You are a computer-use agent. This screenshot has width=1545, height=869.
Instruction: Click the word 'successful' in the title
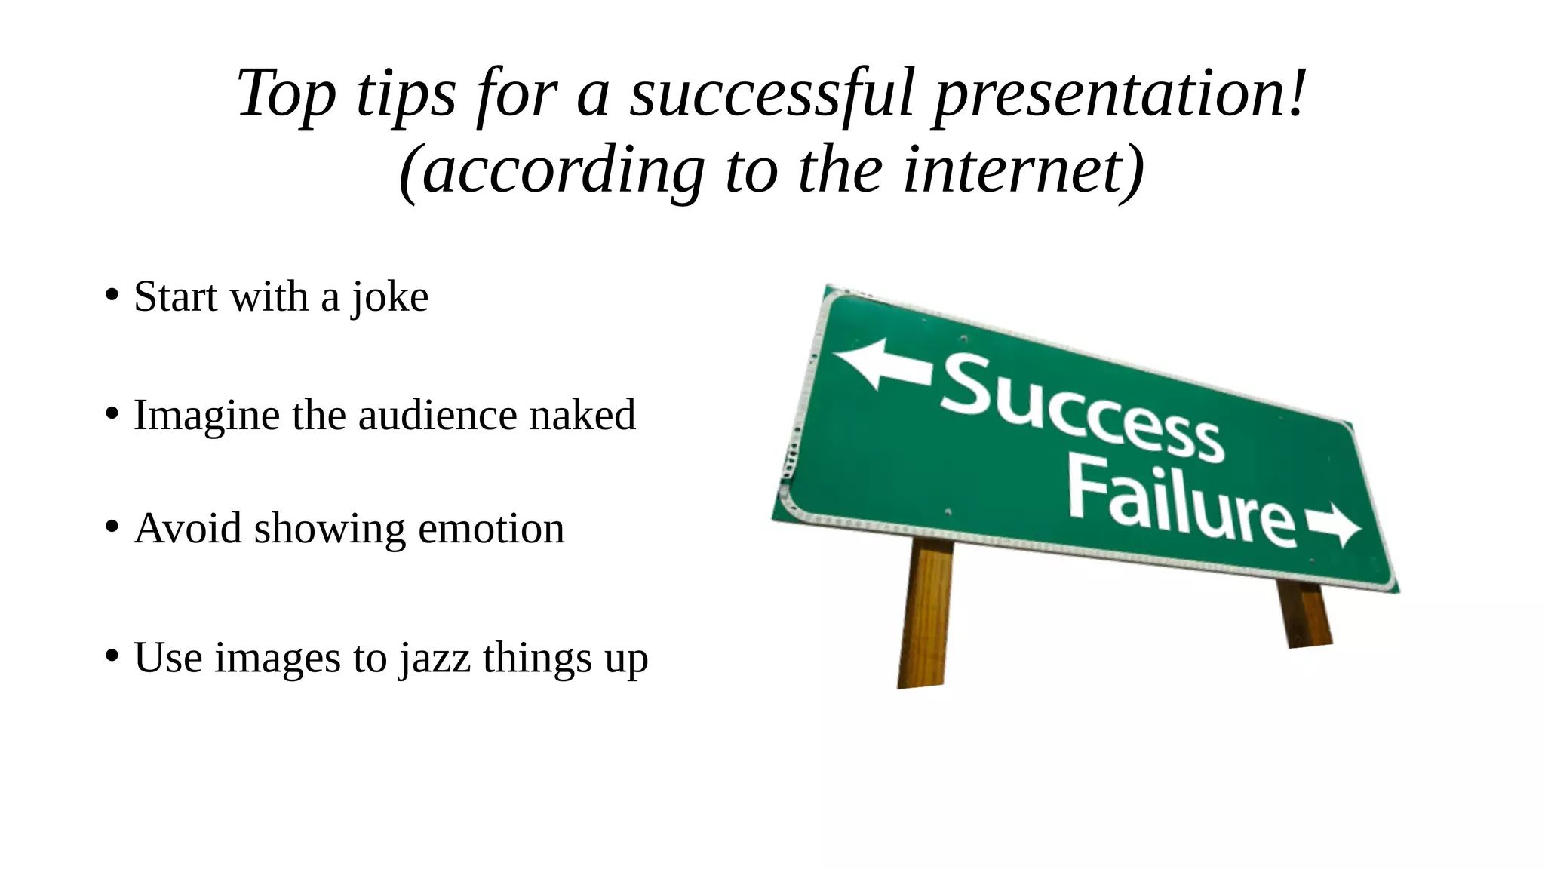tap(772, 94)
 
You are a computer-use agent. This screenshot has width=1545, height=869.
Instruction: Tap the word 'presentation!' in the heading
tap(1120, 94)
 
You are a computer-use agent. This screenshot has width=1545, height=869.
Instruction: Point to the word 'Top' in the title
tap(286, 94)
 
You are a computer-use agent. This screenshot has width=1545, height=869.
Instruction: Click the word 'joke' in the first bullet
tap(390, 297)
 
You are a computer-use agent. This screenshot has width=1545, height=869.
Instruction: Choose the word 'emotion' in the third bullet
tap(491, 529)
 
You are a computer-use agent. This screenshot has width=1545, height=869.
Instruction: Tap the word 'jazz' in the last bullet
tap(435, 658)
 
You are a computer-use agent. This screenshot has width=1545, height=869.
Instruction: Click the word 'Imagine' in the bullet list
tap(206, 416)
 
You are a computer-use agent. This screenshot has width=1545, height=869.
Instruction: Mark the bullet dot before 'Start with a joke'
tap(112, 296)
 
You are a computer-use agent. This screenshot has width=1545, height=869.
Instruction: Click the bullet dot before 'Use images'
tap(112, 656)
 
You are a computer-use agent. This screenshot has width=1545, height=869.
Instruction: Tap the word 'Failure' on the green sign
tap(1181, 502)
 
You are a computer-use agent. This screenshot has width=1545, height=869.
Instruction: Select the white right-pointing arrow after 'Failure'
tap(1334, 524)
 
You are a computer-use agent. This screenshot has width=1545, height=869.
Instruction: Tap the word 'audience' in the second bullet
tap(437, 416)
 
